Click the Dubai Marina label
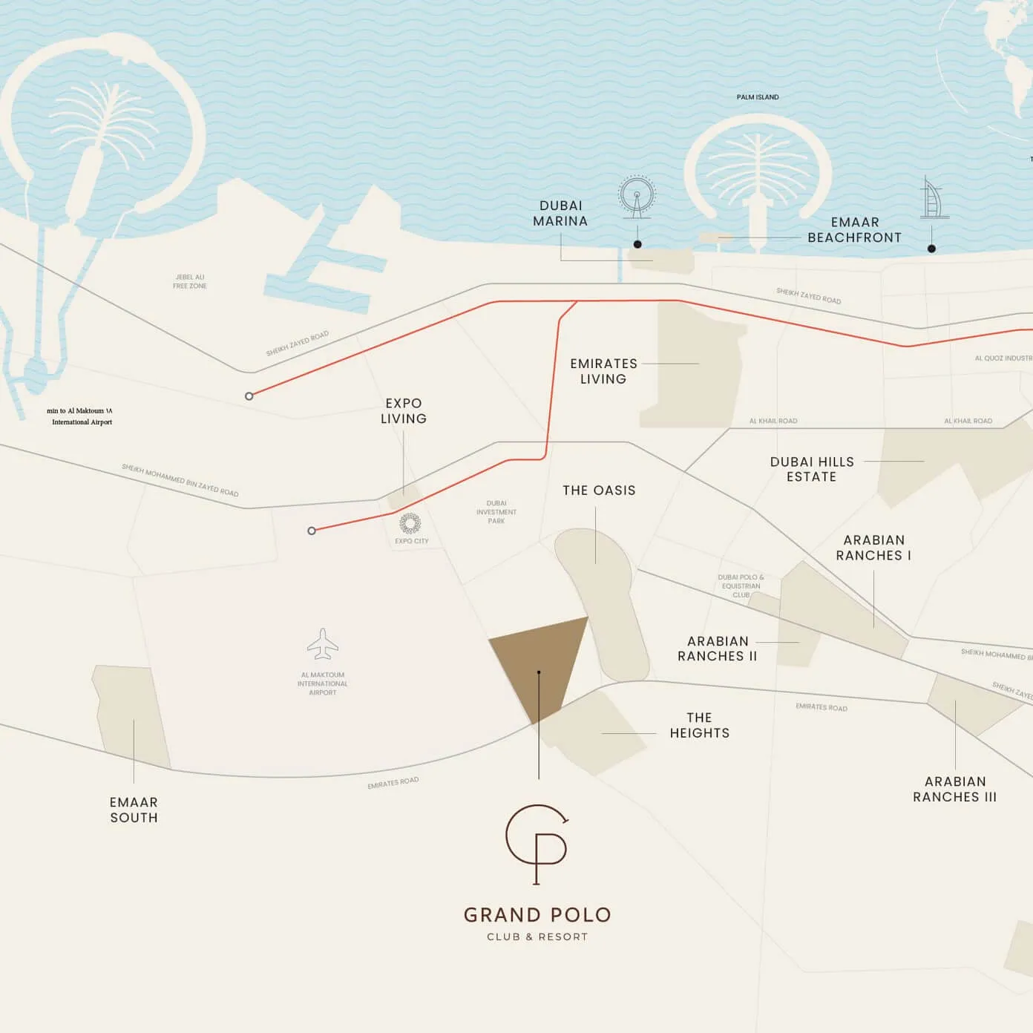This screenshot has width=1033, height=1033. (x=560, y=214)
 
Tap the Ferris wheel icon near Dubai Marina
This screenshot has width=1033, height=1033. (x=637, y=197)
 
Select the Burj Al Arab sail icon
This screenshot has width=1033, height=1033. (x=934, y=198)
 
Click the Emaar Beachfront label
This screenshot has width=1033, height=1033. (x=854, y=230)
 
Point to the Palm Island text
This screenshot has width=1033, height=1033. (x=758, y=97)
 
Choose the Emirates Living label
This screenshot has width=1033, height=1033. (x=603, y=371)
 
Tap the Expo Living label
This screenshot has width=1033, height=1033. (x=404, y=411)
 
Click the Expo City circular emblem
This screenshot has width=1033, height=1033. (x=410, y=523)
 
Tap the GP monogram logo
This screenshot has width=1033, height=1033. (x=537, y=844)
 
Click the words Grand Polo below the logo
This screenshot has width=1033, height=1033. (x=537, y=915)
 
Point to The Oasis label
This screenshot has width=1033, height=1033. (x=599, y=491)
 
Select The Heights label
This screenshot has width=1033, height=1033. (x=699, y=726)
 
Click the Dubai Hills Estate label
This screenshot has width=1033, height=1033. (x=812, y=469)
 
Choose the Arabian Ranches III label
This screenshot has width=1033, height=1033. (x=954, y=790)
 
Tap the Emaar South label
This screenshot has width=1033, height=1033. (x=134, y=810)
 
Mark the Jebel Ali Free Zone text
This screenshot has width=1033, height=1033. (x=190, y=281)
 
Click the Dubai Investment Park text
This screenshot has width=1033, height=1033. (x=496, y=512)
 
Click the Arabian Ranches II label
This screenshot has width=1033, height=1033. (x=717, y=649)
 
